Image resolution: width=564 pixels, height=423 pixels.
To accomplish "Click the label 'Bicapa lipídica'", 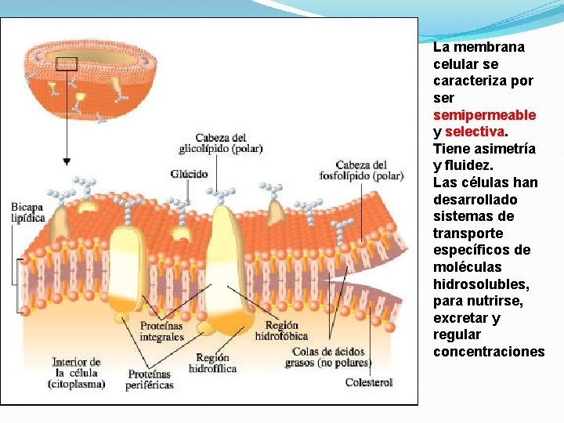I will point(27,211).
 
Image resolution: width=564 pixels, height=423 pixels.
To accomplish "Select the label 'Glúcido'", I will point(190,174).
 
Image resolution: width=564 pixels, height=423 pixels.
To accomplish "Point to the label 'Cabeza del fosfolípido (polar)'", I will point(361,170).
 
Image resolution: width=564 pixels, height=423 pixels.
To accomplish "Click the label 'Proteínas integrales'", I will point(161,331).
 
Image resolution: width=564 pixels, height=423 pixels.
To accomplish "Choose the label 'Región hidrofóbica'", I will point(281,331).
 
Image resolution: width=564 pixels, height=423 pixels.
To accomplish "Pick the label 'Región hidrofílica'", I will point(212,363).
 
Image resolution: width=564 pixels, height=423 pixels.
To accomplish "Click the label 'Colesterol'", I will point(369,382).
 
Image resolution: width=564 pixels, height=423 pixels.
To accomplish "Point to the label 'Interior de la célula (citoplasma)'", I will point(76,373).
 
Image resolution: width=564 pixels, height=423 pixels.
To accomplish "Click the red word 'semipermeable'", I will point(484,115).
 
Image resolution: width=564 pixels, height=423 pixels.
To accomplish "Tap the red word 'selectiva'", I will point(475,132).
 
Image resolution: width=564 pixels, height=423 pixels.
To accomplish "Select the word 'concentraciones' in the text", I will point(488,352).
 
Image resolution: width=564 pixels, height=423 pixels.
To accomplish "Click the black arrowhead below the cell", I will point(67,161).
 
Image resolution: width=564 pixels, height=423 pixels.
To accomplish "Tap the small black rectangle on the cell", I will point(67,64).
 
